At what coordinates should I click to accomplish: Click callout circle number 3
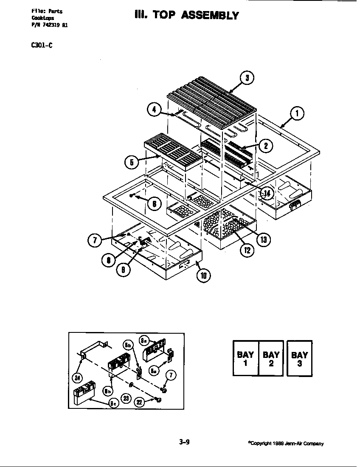coord(247,78)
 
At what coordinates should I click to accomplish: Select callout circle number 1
coord(297,113)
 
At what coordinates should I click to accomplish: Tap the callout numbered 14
coord(266,194)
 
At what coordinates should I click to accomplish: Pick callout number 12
coord(246,250)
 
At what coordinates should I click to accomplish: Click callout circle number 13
coord(263,240)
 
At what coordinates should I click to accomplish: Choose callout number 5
coord(132,162)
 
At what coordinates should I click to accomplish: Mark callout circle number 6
coord(154,204)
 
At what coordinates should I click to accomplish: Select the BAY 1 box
coord(245,358)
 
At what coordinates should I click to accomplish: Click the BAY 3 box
coord(300,358)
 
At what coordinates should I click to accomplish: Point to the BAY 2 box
coord(271,358)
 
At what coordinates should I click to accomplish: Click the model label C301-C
coord(42,46)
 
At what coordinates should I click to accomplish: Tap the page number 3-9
coord(184,442)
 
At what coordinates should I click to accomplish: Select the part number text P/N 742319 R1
coord(49,25)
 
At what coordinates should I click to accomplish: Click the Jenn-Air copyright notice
coord(285,444)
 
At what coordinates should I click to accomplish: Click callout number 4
coord(154,110)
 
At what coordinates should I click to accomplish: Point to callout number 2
coord(265,146)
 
